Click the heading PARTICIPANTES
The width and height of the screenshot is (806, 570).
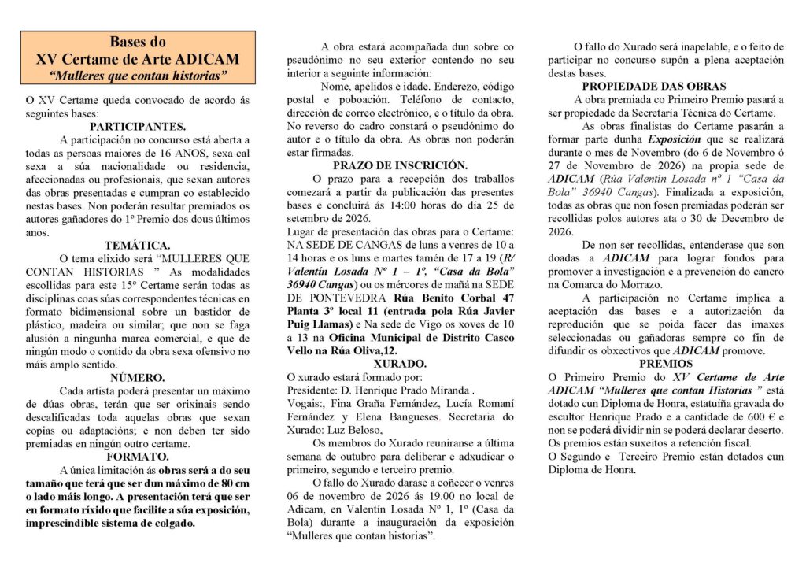click(x=138, y=126)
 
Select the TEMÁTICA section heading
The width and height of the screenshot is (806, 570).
click(x=138, y=246)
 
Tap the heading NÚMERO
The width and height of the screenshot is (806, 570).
click(x=138, y=378)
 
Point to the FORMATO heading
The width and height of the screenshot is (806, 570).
click(x=138, y=457)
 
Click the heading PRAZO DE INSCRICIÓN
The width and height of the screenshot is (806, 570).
click(x=400, y=165)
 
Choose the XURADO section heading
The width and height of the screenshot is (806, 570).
click(x=400, y=364)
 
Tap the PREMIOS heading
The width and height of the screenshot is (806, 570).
click(x=666, y=364)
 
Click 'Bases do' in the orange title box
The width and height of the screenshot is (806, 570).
click(x=138, y=42)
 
